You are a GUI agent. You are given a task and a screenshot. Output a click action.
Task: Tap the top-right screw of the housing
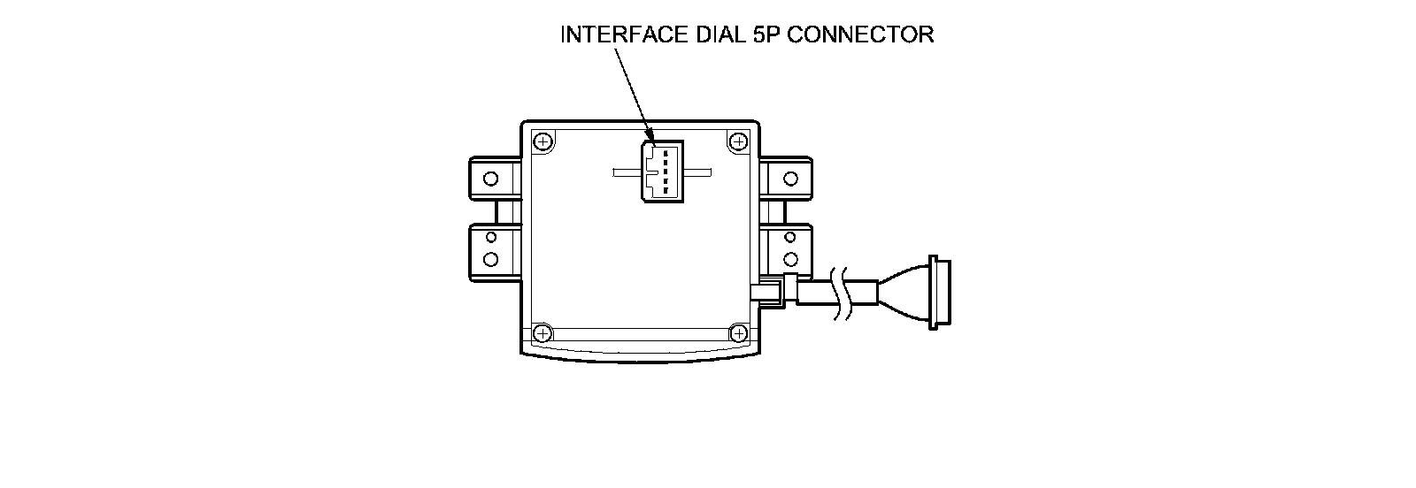click(737, 141)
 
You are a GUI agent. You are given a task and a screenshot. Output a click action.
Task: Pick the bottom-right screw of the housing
click(737, 333)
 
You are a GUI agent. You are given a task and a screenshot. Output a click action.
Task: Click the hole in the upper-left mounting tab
click(490, 179)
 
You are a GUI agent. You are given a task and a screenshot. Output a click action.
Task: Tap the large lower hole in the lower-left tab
click(490, 260)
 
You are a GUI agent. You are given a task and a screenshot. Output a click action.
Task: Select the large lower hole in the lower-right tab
click(790, 260)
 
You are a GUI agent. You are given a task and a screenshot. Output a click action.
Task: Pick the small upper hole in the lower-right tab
click(790, 239)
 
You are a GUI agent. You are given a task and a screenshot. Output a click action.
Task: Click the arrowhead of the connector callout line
click(650, 135)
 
